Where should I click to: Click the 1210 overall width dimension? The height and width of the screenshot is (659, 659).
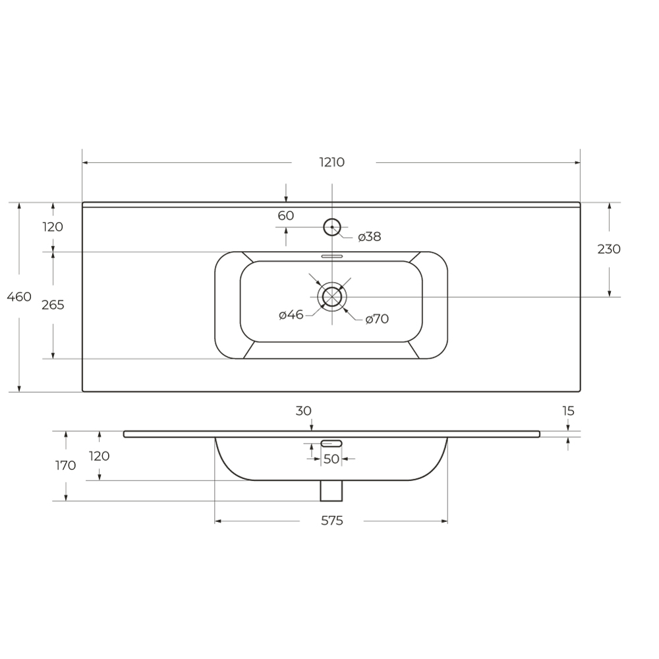tap(332, 162)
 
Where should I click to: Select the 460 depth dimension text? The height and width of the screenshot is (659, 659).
tap(19, 297)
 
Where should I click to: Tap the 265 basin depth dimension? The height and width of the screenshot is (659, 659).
tap(53, 304)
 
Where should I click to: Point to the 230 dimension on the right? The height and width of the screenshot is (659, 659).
tap(609, 249)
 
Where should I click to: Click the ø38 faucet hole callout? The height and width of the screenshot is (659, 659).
tap(370, 237)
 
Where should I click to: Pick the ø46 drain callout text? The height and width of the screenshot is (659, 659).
tap(291, 314)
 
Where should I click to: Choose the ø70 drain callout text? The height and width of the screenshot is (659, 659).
tap(377, 319)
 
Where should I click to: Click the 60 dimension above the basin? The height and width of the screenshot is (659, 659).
tap(286, 215)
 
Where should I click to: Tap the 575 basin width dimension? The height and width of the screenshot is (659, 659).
tap(332, 521)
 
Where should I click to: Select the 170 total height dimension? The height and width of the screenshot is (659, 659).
tap(65, 466)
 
